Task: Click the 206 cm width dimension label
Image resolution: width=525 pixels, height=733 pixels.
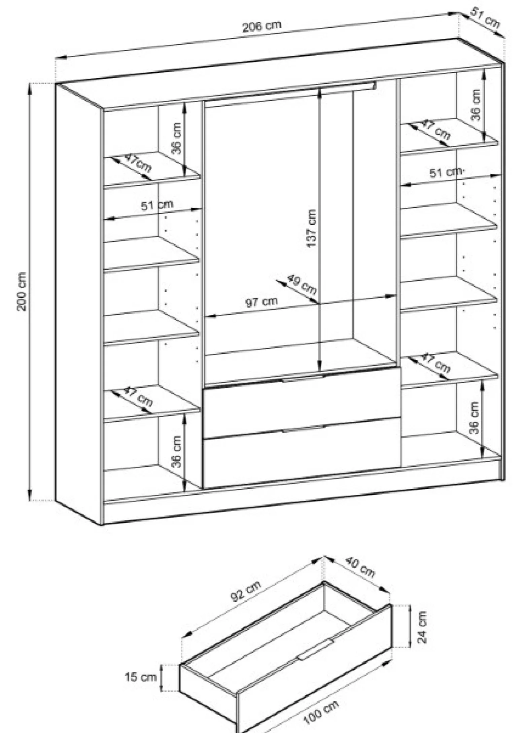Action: point(261,26)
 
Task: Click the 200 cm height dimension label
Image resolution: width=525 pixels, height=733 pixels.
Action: point(22,291)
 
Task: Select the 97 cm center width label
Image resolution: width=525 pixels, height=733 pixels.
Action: point(261,302)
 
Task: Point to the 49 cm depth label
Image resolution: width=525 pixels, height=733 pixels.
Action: point(302,284)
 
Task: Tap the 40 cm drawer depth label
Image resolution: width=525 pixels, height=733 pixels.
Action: point(359,567)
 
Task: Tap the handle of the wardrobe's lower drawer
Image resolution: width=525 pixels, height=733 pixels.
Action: point(303,428)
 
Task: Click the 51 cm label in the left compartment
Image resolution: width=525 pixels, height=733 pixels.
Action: point(157,205)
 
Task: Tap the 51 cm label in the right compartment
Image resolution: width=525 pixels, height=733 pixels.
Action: point(446,172)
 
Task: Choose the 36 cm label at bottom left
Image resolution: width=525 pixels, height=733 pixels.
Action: point(176,451)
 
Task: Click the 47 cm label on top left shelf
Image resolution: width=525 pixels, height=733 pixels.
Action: point(138,163)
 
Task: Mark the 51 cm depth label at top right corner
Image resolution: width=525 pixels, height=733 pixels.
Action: point(485,18)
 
